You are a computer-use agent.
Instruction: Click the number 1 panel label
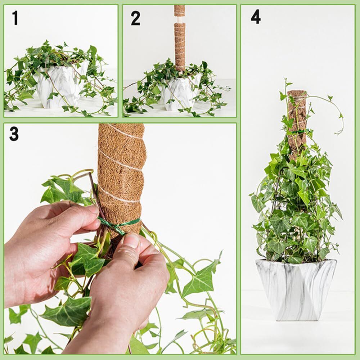pos(15,18)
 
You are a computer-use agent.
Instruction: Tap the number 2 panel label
pos(135,18)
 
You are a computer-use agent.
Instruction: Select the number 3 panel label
pos(14,134)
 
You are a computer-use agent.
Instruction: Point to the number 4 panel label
pos(256,17)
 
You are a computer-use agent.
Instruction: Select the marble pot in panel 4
pos(296,290)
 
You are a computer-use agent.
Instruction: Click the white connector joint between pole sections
pos(180,19)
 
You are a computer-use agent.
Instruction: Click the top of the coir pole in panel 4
pos(297,92)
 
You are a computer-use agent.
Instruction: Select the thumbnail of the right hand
pos(131,240)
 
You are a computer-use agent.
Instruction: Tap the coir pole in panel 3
pos(121,179)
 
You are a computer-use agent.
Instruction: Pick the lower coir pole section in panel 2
pos(180,46)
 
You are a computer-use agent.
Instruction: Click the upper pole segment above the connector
pos(180,10)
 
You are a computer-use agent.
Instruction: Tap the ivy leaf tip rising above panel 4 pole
pos(286,83)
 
